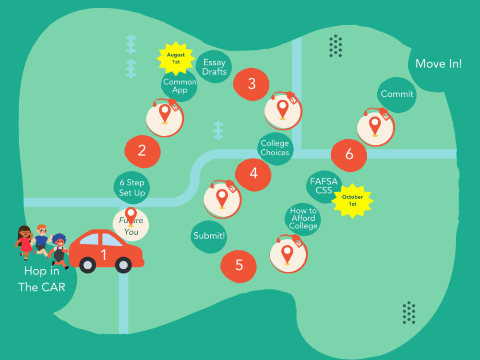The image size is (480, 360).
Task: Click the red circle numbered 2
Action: tap(143, 151)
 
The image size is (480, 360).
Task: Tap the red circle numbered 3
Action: tap(252, 84)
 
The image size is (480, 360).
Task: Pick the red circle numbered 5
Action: tap(239, 266)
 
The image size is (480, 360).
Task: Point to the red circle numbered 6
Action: tap(348, 155)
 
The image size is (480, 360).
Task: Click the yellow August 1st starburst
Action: tap(176, 59)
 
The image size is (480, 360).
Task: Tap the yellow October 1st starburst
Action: tap(353, 201)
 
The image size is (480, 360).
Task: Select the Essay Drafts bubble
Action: tap(214, 67)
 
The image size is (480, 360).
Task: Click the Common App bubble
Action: tap(180, 86)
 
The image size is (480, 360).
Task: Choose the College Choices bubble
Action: tap(275, 149)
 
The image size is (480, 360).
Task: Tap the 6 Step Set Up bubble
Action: tap(132, 188)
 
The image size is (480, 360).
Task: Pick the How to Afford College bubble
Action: tap(303, 219)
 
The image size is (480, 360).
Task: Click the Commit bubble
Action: tap(397, 95)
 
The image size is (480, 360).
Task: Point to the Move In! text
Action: tap(438, 64)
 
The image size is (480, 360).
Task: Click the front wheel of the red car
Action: tap(124, 265)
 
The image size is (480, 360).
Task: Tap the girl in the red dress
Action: tap(24, 242)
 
